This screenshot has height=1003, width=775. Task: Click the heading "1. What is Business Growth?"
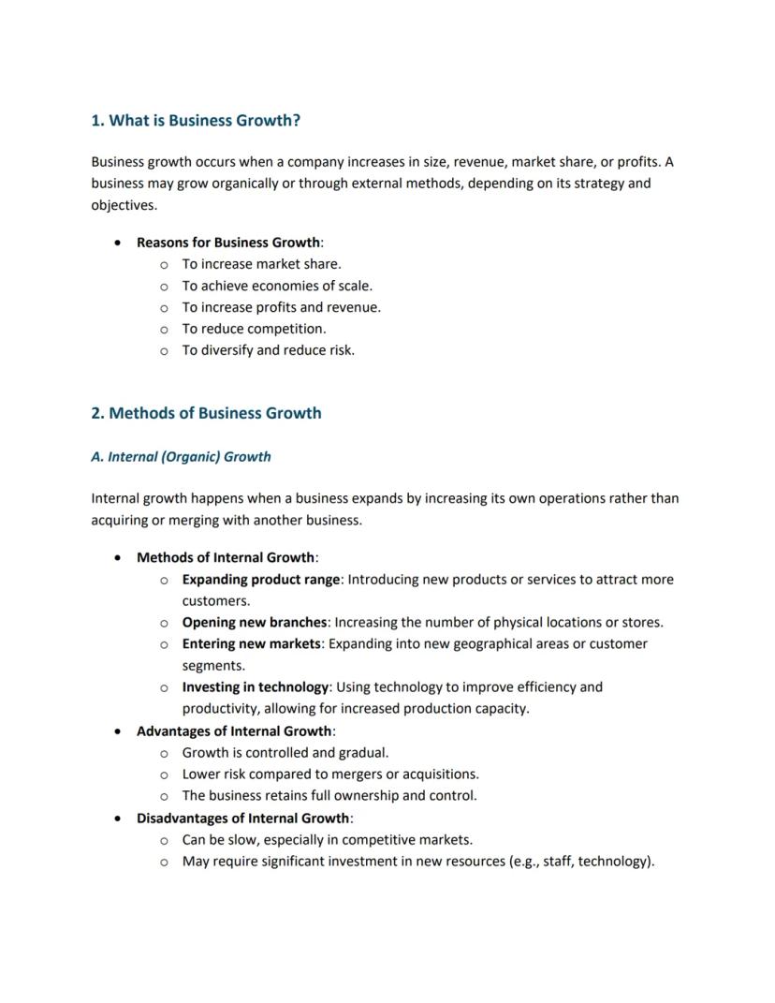[x=196, y=121]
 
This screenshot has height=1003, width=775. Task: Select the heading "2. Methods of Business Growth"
[x=206, y=413]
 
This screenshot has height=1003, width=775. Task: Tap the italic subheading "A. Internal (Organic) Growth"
[x=181, y=457]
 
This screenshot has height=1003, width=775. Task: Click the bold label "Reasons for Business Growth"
[x=227, y=243]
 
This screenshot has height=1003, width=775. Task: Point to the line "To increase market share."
[x=261, y=264]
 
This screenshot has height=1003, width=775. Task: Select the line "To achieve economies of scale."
[x=277, y=286]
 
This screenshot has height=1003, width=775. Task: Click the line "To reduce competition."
[x=254, y=329]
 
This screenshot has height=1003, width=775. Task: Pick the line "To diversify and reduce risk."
[x=268, y=350]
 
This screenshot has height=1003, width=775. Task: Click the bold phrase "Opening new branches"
[x=254, y=623]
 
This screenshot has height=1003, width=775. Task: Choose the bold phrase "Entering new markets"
[x=251, y=644]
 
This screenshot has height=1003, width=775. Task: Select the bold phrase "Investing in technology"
[x=255, y=687]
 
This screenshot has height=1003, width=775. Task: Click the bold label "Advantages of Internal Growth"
[x=234, y=731]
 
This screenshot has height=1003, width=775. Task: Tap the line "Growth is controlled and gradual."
[x=285, y=753]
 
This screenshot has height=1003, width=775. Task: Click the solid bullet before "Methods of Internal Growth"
[x=117, y=558]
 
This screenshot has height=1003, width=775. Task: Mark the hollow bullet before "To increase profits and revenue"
[x=164, y=308]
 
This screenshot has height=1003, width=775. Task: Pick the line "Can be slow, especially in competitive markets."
[x=327, y=840]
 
